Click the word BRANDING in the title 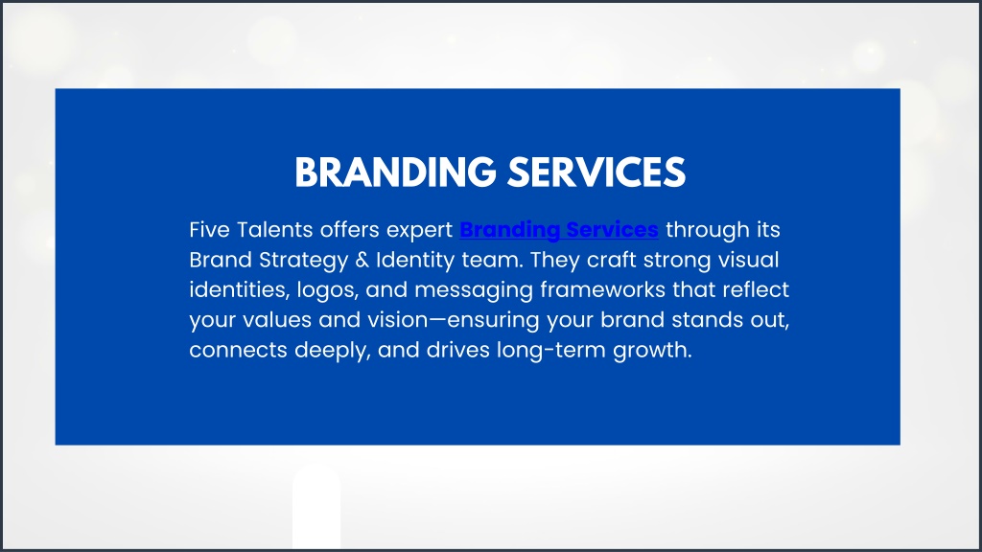point(395,172)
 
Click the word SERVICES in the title point(596,172)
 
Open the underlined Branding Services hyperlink point(559,230)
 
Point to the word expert point(419,231)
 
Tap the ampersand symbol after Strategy point(362,260)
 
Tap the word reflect point(756,289)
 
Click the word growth point(652,351)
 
